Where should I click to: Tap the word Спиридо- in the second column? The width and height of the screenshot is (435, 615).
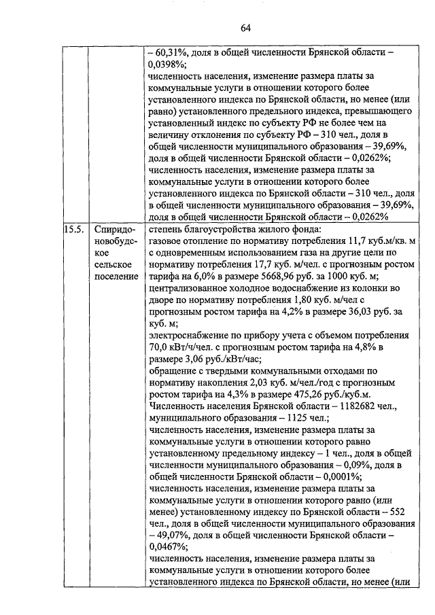111,230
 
